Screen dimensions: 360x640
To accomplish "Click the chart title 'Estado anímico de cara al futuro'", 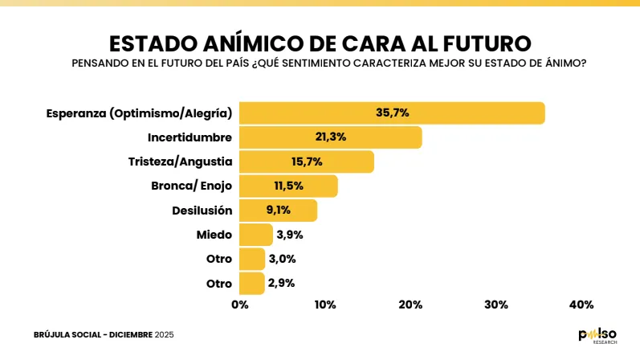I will click(320, 42).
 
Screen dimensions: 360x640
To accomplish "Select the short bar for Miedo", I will click(256, 235).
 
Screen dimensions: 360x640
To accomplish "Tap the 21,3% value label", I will click(330, 137).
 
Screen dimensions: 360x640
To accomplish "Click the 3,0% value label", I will click(283, 259).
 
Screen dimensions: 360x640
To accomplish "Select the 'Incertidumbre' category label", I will click(190, 137).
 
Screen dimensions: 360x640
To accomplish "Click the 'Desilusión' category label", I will click(202, 211).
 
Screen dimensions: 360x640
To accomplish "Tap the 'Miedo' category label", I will click(214, 235).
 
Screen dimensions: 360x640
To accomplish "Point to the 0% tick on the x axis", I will click(239, 305).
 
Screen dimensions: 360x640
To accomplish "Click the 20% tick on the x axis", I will click(410, 305).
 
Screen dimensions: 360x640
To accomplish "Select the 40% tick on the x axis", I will click(581, 305).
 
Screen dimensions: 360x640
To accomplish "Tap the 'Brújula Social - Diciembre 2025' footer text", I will click(104, 334).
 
